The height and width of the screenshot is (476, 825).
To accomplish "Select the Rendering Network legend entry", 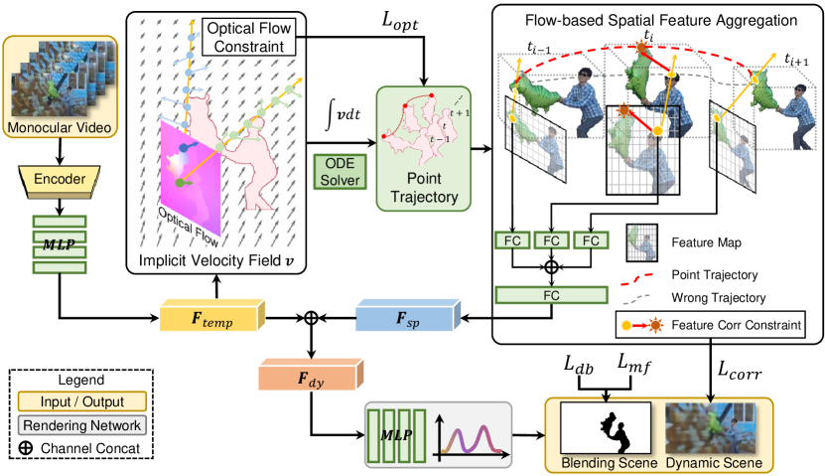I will pos(80,424).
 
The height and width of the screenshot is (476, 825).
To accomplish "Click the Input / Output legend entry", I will pos(80,402).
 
